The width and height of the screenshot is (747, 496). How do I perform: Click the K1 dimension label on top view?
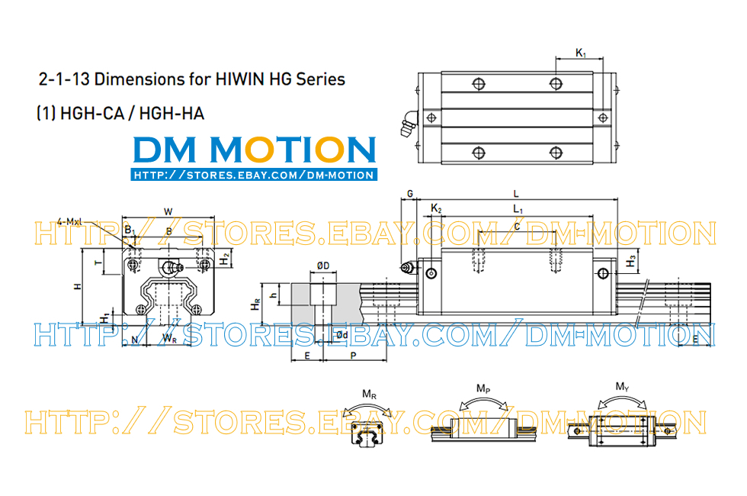point(581,53)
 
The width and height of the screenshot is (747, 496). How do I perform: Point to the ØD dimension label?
point(323,266)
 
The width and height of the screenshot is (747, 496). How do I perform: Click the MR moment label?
point(369,395)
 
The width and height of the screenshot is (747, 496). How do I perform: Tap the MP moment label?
point(483,388)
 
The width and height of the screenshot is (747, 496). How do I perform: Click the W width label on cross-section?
point(168,211)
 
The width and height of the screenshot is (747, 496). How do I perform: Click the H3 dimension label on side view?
point(631,261)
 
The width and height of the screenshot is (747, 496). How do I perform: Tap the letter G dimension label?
point(409,195)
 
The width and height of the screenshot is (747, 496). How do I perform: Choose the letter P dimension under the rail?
point(353,356)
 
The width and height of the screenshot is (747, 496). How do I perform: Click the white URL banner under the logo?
point(254,175)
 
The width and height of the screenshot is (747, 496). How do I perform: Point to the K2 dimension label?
point(436,208)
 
